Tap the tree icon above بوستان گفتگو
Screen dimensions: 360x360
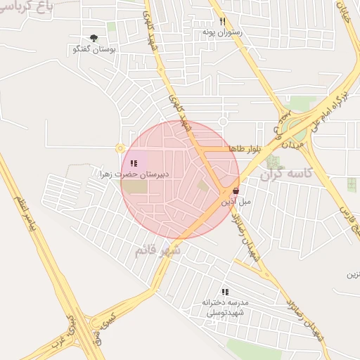(94, 39)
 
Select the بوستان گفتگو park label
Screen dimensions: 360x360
(94, 51)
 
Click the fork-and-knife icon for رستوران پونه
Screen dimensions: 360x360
(222, 21)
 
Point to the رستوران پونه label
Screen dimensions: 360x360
(222, 32)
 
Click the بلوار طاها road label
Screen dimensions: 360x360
(245, 148)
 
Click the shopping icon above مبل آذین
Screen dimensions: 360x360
(235, 191)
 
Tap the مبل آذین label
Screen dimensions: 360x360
(236, 202)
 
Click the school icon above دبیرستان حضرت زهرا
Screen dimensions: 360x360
(134, 163)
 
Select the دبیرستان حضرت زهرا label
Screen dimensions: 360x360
(134, 174)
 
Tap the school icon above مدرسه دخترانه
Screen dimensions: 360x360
(225, 291)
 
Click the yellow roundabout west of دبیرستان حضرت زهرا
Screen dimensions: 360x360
(120, 148)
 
